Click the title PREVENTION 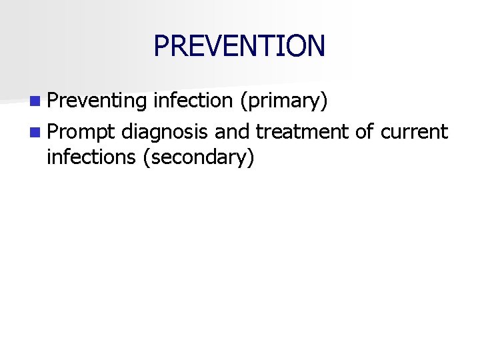[x=239, y=45]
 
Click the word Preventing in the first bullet [x=97, y=101]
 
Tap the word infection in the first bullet [x=192, y=101]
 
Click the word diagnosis [x=165, y=132]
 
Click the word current [x=415, y=131]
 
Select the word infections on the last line [x=92, y=157]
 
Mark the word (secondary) [x=199, y=158]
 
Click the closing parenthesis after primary [x=324, y=101]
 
